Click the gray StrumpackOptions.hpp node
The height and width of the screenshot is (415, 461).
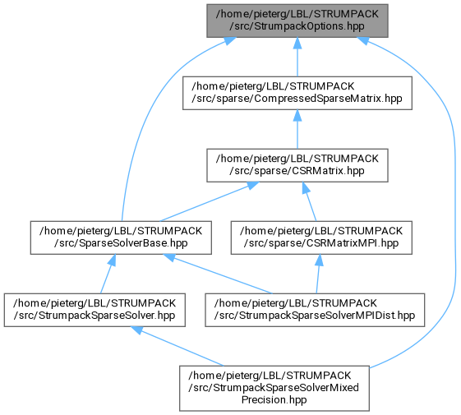(x=297, y=21)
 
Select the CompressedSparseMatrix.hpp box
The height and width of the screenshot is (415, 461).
(x=297, y=93)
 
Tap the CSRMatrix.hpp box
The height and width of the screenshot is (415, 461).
(x=297, y=165)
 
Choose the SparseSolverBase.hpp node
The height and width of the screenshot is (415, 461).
(x=121, y=237)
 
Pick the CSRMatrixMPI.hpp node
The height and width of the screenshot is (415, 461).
(x=321, y=237)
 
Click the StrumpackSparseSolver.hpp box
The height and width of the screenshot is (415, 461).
(x=95, y=310)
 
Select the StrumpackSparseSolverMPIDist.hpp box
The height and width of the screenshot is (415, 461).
(x=315, y=310)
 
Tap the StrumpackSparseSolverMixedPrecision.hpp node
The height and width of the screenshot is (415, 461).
(x=274, y=388)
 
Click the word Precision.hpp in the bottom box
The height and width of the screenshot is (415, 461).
(x=274, y=399)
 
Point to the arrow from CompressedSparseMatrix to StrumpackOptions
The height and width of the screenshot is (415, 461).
(x=297, y=57)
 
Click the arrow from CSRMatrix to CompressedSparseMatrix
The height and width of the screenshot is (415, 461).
(x=297, y=129)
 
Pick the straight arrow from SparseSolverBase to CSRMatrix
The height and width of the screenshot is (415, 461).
(x=210, y=201)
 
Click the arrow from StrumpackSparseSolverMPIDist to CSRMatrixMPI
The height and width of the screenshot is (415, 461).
(x=318, y=274)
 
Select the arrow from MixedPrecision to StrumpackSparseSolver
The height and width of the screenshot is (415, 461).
(x=177, y=346)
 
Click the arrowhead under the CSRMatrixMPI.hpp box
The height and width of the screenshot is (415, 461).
(x=319, y=260)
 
